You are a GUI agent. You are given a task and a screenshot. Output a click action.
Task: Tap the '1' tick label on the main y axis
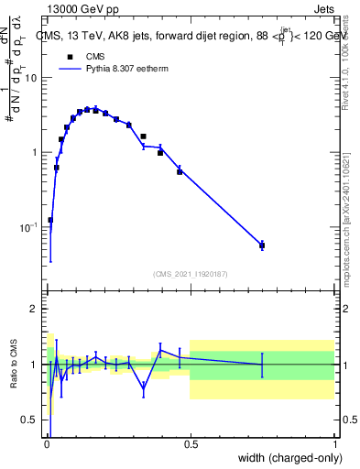[x=34, y=152]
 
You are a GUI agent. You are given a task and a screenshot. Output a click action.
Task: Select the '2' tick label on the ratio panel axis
[x=34, y=310]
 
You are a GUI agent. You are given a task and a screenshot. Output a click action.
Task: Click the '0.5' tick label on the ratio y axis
[x=29, y=420]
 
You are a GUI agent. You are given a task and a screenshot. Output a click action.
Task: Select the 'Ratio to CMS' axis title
[x=14, y=365]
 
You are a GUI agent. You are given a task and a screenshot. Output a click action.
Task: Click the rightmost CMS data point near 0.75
[x=262, y=245]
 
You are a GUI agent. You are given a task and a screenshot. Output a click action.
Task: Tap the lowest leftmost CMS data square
[x=50, y=220]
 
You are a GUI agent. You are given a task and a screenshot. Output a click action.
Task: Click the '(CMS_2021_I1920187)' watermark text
[x=191, y=273]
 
